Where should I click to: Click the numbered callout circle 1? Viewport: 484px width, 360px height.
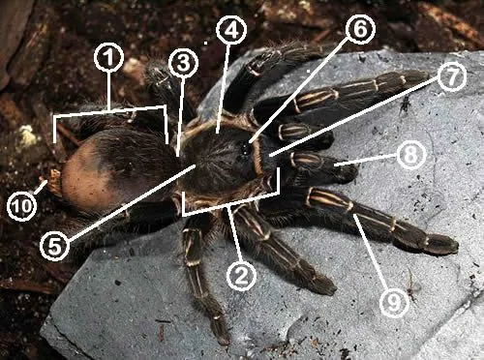coord(109,60)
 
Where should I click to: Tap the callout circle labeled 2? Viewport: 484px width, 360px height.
coord(242,275)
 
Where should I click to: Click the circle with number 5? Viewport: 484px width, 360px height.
coord(55,246)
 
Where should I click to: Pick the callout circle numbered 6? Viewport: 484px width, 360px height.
coord(359,30)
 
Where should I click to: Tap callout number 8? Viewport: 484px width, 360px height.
coord(410,154)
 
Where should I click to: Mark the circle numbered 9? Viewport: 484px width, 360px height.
coord(392,303)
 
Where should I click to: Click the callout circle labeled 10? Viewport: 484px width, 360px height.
coord(21,204)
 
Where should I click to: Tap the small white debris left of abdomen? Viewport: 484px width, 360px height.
coord(27,136)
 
